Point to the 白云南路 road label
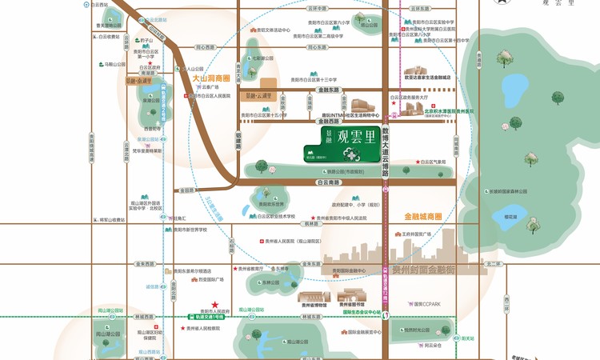[x=329, y=182]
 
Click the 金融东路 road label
[x=328, y=90]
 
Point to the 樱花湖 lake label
[x=510, y=217]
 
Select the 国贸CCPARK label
[x=426, y=304]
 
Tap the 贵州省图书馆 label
[x=350, y=305]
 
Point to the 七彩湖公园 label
[x=262, y=58]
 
